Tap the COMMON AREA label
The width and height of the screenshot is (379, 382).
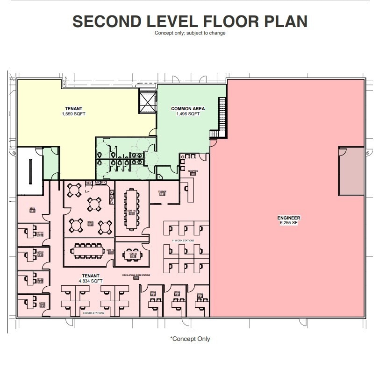(188, 109)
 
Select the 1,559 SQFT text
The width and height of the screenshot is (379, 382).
(74, 114)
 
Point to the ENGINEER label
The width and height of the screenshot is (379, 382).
(289, 218)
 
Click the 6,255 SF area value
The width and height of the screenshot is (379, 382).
(289, 223)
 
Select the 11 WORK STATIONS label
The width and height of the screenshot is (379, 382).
(183, 241)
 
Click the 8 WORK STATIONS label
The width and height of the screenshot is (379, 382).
(93, 313)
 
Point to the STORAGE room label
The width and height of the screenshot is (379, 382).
(162, 191)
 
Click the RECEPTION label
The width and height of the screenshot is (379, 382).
(193, 171)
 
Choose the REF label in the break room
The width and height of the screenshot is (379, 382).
(89, 183)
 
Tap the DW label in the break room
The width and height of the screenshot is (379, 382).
(111, 201)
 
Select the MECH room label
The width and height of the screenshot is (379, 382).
(32, 209)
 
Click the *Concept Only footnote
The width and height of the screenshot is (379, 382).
(190, 339)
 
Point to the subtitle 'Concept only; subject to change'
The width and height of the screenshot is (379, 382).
(190, 33)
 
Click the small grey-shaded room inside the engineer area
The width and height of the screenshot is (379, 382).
(351, 171)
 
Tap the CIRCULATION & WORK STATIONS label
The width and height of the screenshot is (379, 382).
(136, 276)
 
